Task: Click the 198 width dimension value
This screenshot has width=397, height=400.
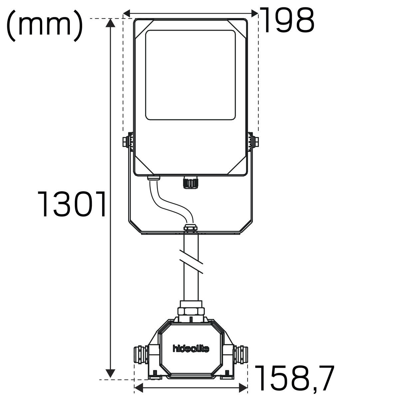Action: point(287,20)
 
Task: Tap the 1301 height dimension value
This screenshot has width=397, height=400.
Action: point(72,204)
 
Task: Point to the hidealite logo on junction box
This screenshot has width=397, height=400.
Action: point(191,349)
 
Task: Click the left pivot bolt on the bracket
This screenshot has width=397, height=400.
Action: point(126,142)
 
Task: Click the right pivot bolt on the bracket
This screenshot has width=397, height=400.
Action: point(256,142)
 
